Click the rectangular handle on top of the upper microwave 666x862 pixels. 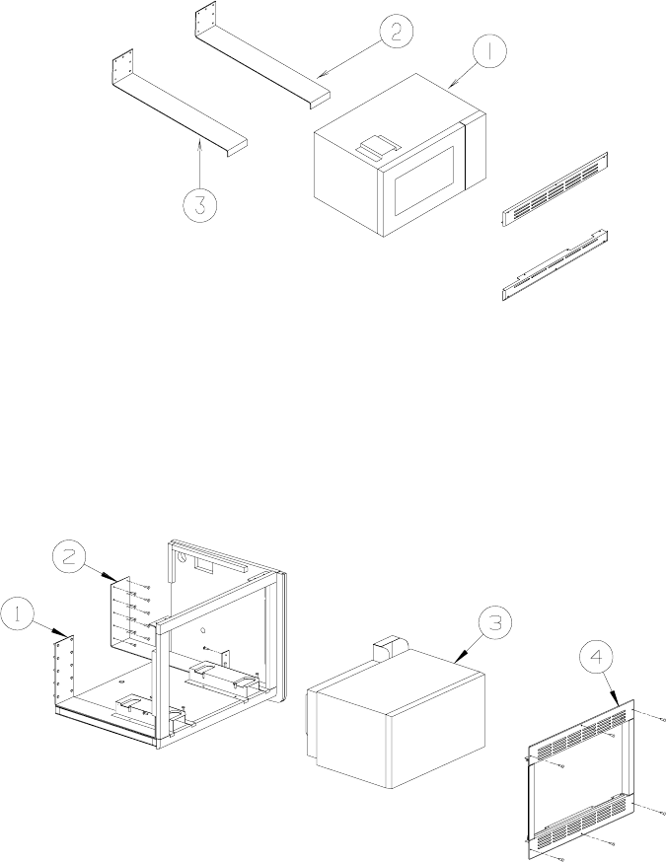point(375,147)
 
